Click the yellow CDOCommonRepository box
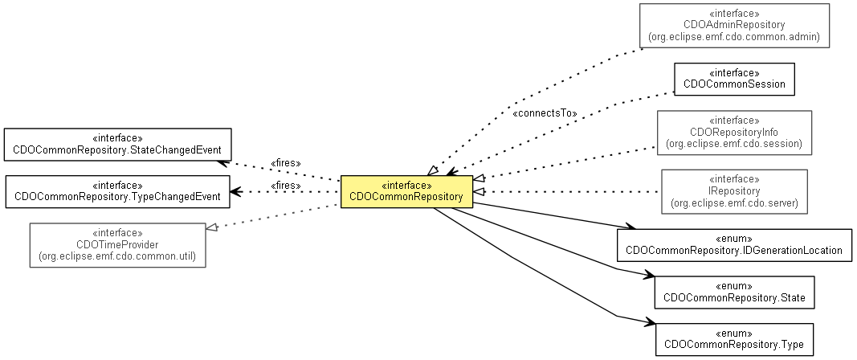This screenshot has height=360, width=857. click(x=406, y=191)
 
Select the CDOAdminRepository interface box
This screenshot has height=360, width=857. click(x=733, y=25)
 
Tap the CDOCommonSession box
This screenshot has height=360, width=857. click(x=733, y=79)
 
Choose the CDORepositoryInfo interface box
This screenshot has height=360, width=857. click(x=733, y=133)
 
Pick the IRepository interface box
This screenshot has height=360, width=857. click(x=733, y=191)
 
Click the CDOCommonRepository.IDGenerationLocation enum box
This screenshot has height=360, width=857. click(x=733, y=245)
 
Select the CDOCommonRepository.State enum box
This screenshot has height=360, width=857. click(x=733, y=292)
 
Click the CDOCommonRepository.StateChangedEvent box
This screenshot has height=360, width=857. click(x=117, y=144)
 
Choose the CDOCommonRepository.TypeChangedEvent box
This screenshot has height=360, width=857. click(x=117, y=190)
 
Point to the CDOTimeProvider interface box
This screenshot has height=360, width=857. click(x=117, y=244)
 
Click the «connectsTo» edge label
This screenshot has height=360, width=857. click(x=544, y=113)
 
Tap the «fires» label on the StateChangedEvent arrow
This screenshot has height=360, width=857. click(x=286, y=163)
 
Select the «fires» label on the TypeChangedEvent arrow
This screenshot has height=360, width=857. click(x=286, y=186)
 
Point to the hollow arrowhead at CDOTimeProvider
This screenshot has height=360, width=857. click(x=211, y=228)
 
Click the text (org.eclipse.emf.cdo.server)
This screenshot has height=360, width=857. click(x=733, y=203)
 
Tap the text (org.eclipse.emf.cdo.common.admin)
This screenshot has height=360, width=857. click(x=733, y=38)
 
